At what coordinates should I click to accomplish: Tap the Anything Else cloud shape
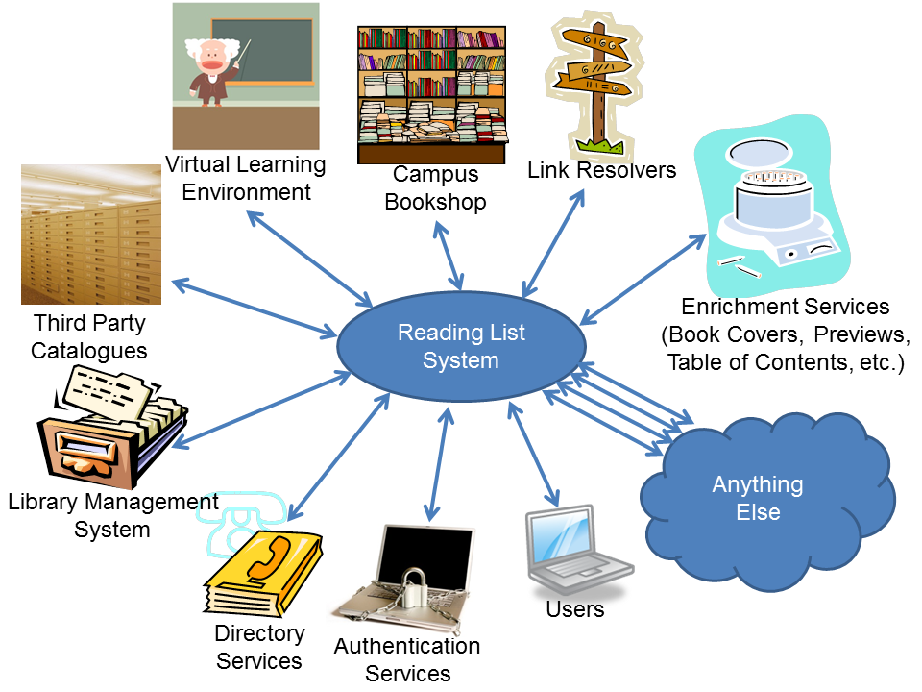coord(768,500)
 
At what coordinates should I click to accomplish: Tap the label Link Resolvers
coord(602,171)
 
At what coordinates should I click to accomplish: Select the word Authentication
coord(407,647)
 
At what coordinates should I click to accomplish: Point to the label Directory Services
coord(259,647)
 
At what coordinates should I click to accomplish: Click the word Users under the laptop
coord(574,609)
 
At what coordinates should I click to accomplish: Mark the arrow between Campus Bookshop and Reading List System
coord(450,256)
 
